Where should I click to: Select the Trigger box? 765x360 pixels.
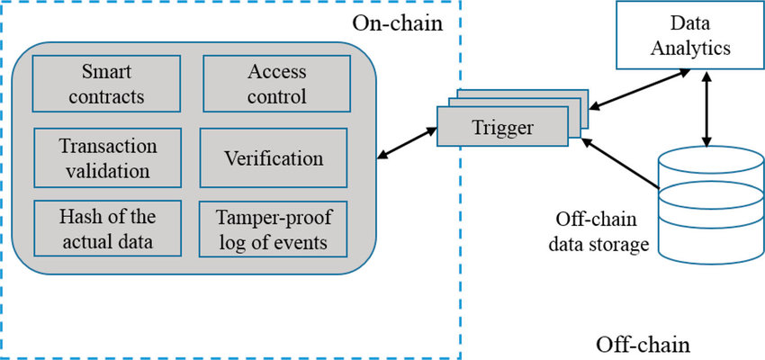[503, 127]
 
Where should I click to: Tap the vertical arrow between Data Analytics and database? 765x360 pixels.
[708, 109]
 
